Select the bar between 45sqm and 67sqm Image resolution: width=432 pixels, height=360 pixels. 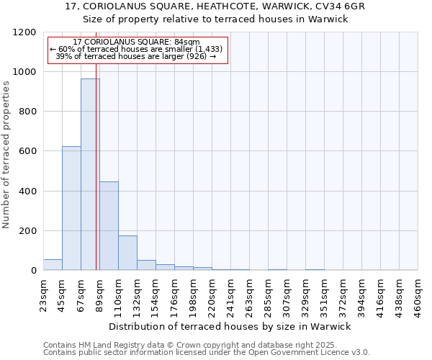pyautogui.click(x=71, y=208)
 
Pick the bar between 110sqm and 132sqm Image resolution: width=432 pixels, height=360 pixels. pyautogui.click(x=127, y=253)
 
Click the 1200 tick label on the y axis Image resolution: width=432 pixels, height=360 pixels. pyautogui.click(x=24, y=32)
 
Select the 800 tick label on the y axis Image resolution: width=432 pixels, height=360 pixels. pyautogui.click(x=27, y=112)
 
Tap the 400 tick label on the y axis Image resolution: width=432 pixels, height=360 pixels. pyautogui.click(x=27, y=192)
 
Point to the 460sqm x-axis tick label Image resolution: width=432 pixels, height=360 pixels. pyautogui.click(x=418, y=295)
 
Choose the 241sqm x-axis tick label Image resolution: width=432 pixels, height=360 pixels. pyautogui.click(x=231, y=295)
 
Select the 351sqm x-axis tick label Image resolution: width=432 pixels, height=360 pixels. pyautogui.click(x=325, y=295)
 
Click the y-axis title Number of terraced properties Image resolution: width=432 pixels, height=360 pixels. pyautogui.click(x=6, y=155)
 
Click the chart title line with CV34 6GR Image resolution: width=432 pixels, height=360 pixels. pyautogui.click(x=215, y=6)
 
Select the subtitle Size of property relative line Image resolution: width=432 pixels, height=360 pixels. pyautogui.click(x=215, y=19)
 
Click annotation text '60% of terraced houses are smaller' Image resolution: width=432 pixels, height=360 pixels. pyautogui.click(x=137, y=49)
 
